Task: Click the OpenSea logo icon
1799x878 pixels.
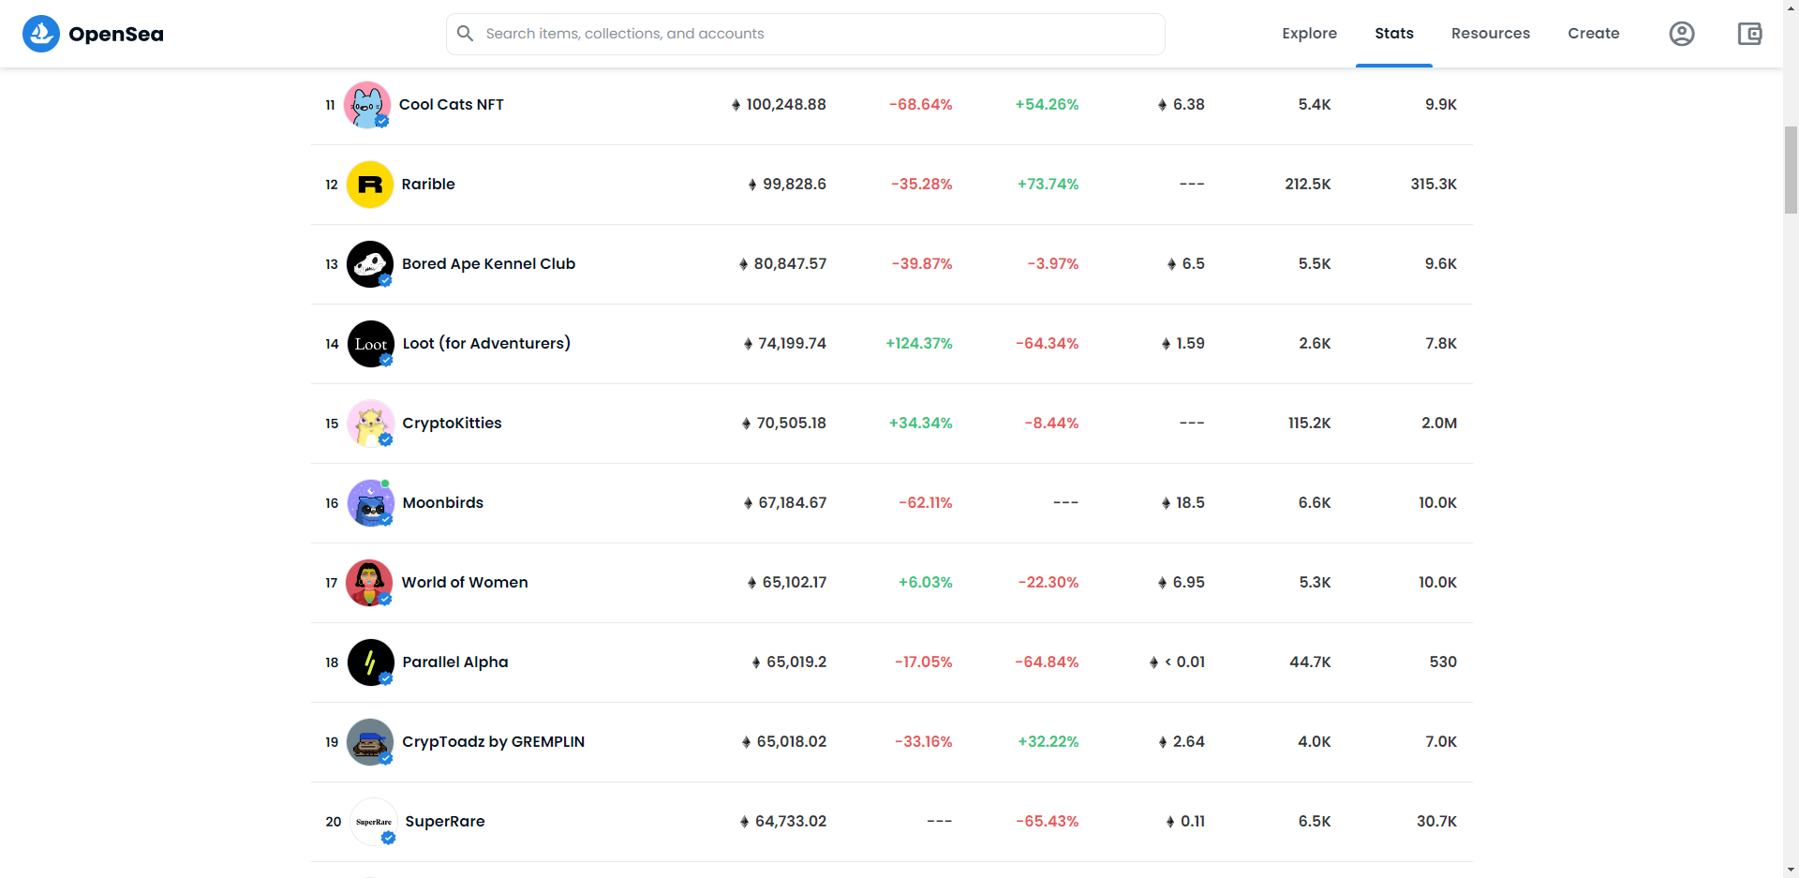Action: click(x=41, y=34)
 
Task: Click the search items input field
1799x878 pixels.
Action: click(x=806, y=34)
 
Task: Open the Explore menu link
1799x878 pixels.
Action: click(x=1309, y=34)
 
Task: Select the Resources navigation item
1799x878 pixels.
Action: click(x=1490, y=34)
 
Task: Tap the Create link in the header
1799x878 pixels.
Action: click(x=1593, y=34)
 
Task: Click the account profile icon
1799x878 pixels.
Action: click(x=1682, y=34)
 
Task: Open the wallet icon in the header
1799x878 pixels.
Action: click(x=1749, y=34)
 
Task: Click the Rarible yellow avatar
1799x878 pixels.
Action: click(x=370, y=185)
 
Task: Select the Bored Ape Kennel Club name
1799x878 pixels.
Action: click(x=488, y=264)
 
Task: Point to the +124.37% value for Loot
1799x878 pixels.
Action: click(x=919, y=344)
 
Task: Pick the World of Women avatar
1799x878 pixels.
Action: click(x=369, y=583)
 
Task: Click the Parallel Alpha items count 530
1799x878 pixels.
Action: click(x=1443, y=662)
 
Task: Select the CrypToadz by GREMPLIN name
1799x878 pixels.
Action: click(x=493, y=742)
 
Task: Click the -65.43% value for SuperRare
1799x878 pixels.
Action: click(x=1048, y=822)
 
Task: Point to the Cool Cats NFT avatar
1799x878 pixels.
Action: click(x=367, y=105)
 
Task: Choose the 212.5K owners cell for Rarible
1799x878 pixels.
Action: click(x=1308, y=185)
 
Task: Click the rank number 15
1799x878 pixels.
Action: click(x=332, y=424)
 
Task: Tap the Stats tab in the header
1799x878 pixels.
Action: click(x=1394, y=34)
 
